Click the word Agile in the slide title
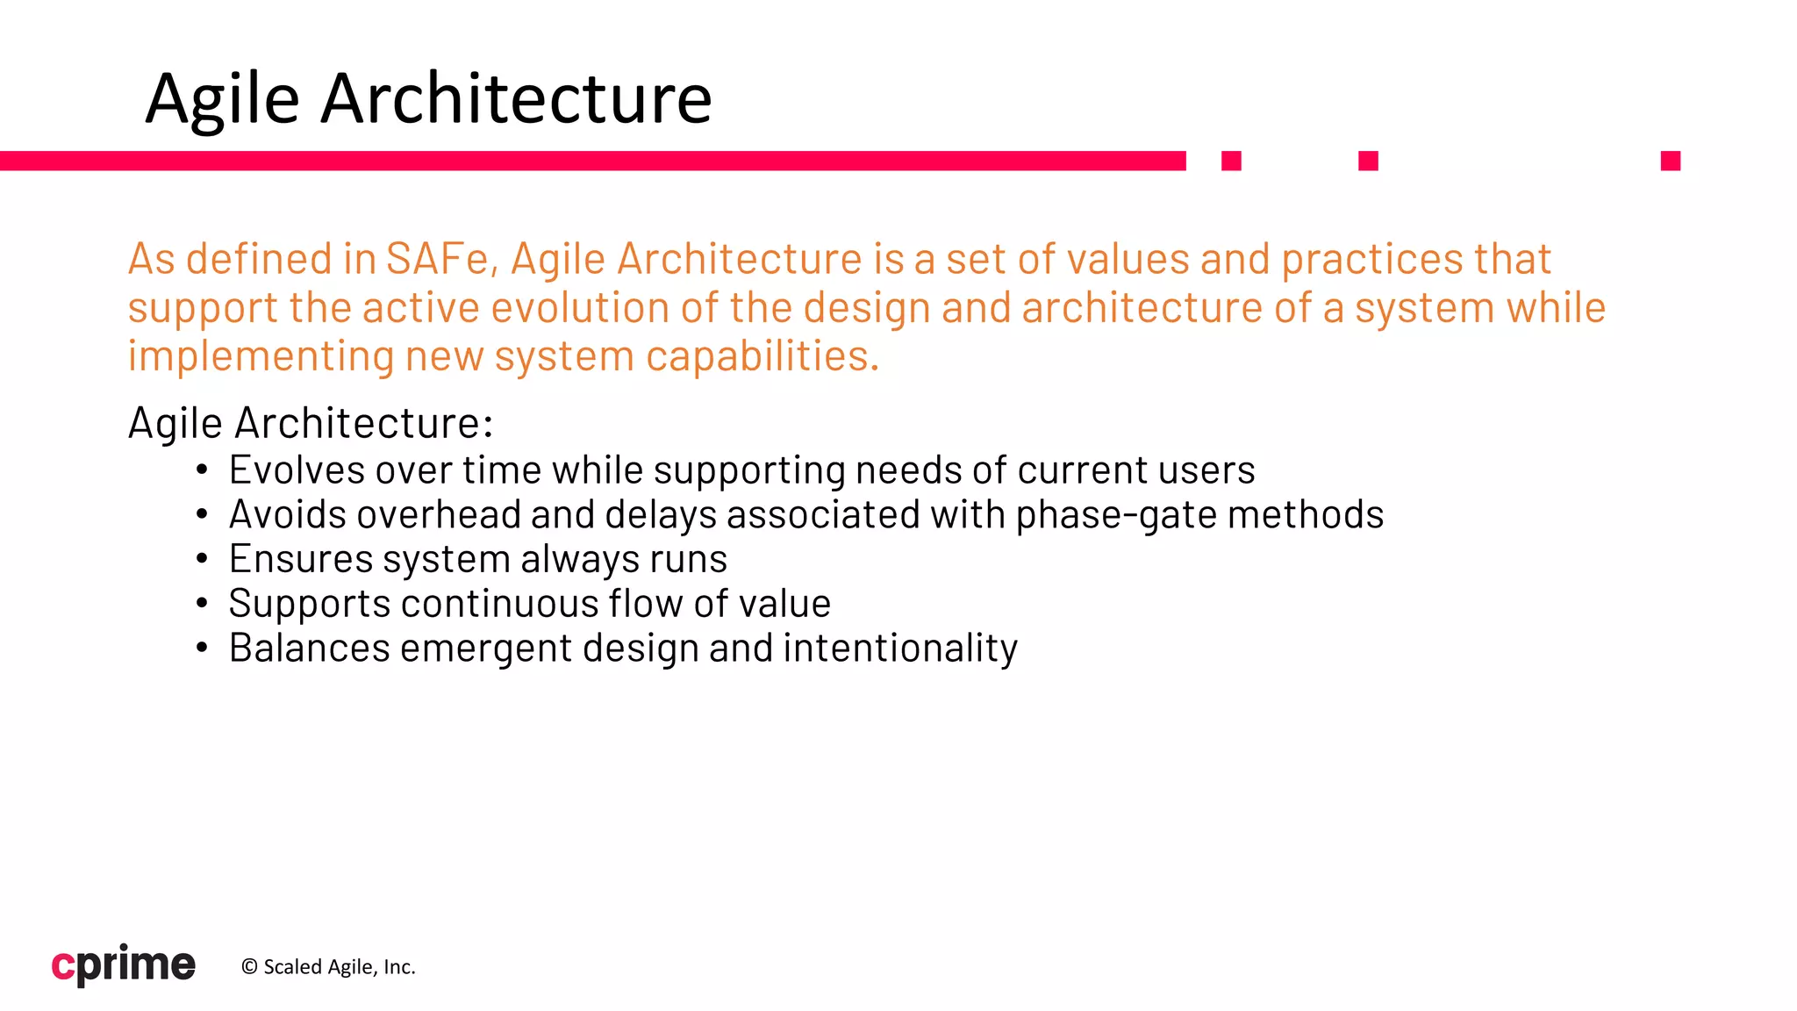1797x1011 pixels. coord(222,99)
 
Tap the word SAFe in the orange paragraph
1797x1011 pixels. coord(436,259)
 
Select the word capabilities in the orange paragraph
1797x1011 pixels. coord(762,356)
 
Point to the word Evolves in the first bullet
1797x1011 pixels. coord(297,470)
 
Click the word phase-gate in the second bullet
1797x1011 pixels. coord(1116,515)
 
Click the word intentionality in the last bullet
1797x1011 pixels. coord(900,649)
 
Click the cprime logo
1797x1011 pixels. coord(124,964)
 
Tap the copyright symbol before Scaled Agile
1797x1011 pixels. coord(249,967)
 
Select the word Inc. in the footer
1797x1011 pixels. coord(399,967)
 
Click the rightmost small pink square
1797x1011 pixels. coord(1670,161)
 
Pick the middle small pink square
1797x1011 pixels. coord(1368,161)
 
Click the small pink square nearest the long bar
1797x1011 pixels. coord(1231,161)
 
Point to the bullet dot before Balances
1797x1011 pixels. coord(202,649)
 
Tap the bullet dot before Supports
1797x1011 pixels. coord(202,604)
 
